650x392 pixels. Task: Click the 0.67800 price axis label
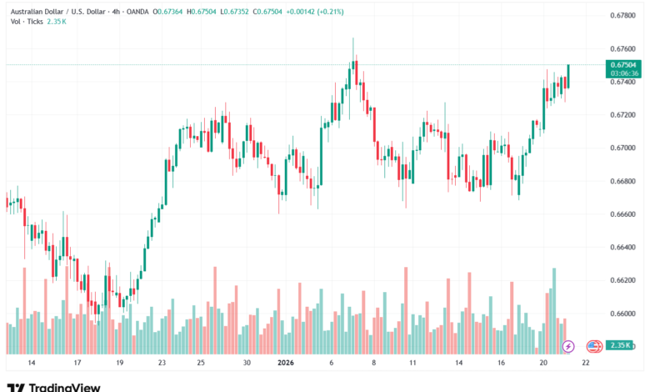coord(623,15)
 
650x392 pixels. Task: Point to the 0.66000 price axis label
coord(623,314)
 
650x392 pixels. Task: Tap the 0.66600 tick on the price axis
coord(623,214)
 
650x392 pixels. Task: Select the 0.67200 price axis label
coord(623,115)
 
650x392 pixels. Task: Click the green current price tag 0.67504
coord(623,64)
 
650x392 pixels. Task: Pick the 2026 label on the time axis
coord(286,363)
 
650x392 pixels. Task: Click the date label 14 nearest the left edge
coord(32,363)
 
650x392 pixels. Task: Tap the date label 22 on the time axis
coord(586,363)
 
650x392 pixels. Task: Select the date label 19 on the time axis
coord(119,363)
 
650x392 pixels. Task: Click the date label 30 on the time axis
coord(247,363)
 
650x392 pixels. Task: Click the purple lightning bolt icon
coord(568,345)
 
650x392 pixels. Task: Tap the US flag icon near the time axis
coord(593,345)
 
